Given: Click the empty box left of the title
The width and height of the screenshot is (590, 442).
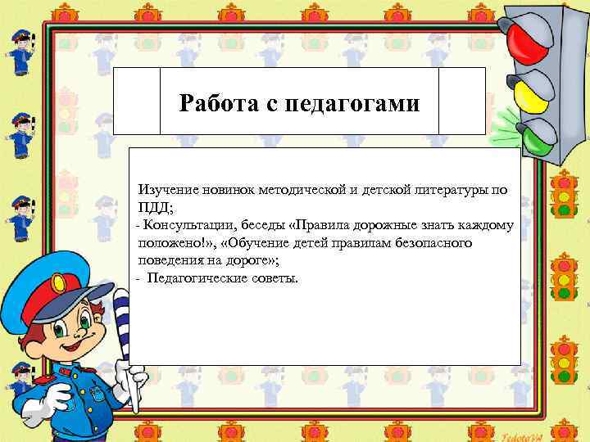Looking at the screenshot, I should click(x=136, y=101).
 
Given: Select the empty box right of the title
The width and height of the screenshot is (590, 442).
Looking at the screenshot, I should click(x=462, y=101).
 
